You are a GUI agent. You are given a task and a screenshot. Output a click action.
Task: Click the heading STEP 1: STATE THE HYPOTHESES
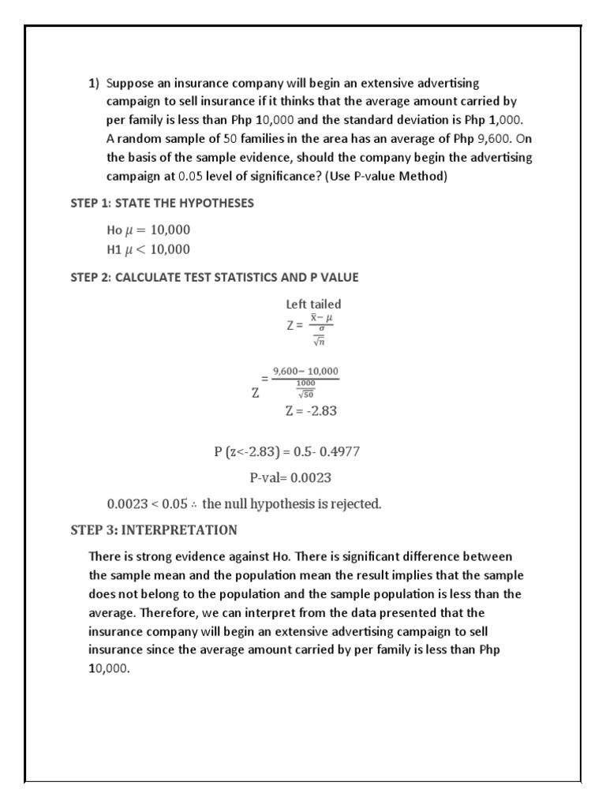(162, 203)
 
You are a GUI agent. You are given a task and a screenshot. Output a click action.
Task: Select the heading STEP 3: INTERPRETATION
(153, 529)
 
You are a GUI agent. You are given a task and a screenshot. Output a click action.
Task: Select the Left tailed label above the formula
(313, 304)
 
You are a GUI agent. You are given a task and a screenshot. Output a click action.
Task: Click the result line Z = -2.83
(312, 410)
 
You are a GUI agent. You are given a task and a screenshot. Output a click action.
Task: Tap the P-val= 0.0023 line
(290, 477)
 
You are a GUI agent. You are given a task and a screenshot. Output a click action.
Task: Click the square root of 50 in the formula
(305, 394)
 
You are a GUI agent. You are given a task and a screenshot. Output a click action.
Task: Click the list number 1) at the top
(93, 83)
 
